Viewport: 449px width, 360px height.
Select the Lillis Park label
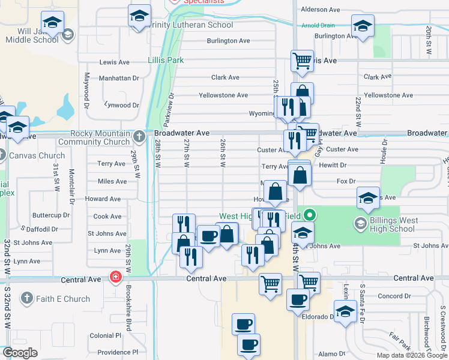pos(166,61)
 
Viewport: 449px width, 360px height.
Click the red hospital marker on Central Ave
pos(115,277)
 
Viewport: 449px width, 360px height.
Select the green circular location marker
pos(309,214)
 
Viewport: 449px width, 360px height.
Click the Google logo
pos(20,353)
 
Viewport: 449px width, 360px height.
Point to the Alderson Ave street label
pos(321,10)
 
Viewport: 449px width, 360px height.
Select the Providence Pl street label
pos(118,352)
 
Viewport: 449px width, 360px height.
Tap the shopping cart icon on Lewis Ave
pos(302,60)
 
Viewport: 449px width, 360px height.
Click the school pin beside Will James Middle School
pos(53,24)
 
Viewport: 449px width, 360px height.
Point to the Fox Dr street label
pos(346,181)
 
